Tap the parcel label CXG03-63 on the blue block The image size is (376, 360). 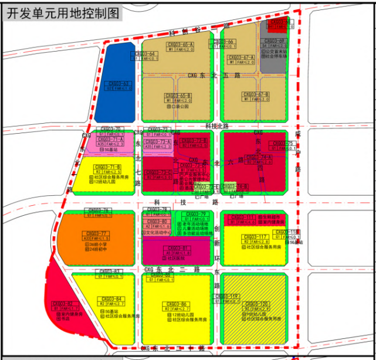[x=118, y=84]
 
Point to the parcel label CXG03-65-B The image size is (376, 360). [x=178, y=95]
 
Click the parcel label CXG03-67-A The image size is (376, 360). [x=240, y=57]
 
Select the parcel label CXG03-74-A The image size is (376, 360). [x=258, y=158]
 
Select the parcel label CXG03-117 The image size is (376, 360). [x=253, y=237]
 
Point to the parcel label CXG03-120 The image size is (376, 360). [x=256, y=304]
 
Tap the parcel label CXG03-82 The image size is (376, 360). [x=62, y=304]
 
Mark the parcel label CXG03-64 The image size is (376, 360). [x=145, y=54]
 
